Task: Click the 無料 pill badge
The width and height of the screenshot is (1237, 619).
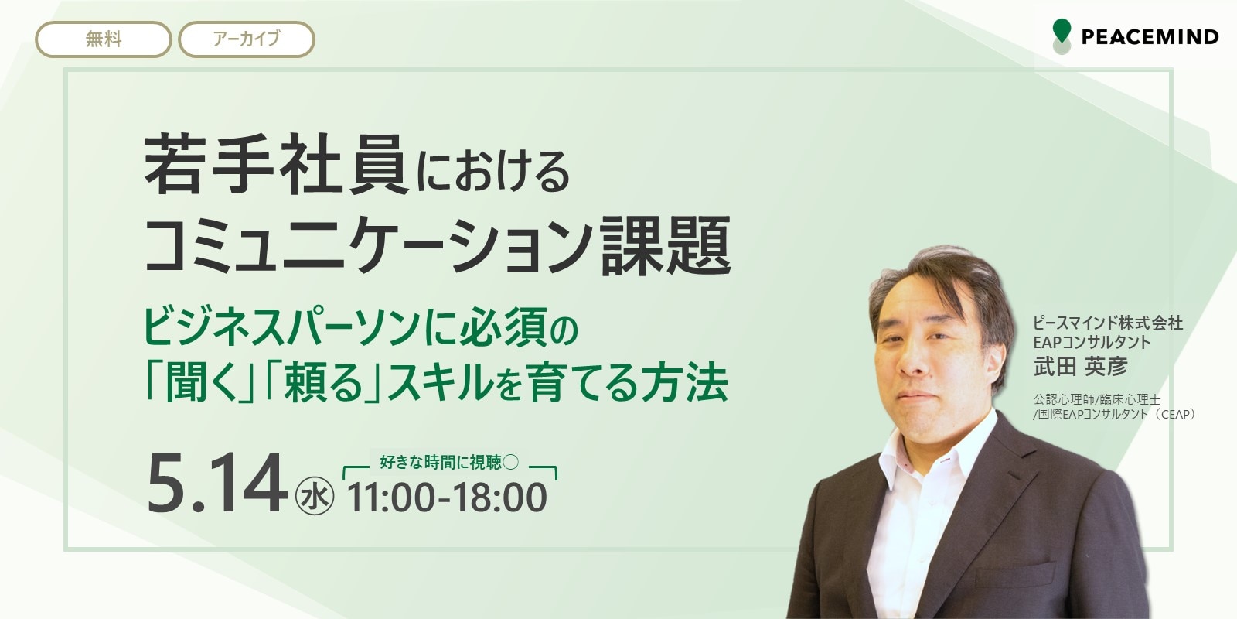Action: [x=104, y=39]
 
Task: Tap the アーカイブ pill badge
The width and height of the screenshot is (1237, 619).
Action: [x=247, y=39]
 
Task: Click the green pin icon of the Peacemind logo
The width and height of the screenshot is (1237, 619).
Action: [x=1062, y=32]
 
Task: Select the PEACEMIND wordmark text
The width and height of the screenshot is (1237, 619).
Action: [x=1150, y=37]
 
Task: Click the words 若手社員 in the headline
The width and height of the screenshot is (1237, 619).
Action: [x=276, y=164]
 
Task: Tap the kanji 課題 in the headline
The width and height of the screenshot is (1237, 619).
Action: [x=666, y=245]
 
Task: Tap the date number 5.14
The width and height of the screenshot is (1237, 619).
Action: [x=217, y=484]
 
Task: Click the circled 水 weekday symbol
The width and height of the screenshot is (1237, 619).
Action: [x=315, y=496]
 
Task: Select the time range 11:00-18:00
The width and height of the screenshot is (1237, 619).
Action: [x=447, y=498]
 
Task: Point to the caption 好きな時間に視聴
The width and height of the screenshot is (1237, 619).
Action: [x=440, y=462]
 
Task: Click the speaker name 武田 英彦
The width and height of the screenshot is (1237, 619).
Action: [x=1081, y=367]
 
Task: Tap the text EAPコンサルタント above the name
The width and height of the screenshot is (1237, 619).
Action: [x=1092, y=343]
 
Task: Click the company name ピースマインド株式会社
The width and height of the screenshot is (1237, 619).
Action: [x=1108, y=323]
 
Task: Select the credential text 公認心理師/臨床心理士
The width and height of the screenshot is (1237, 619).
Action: [x=1096, y=399]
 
